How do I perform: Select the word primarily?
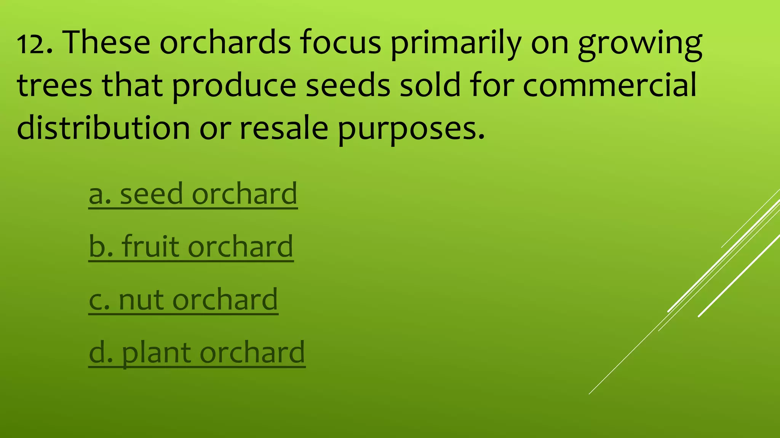(456, 44)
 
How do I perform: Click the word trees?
(54, 85)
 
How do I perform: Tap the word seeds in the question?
(348, 85)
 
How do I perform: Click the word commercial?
(609, 85)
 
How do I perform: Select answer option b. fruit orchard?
(191, 247)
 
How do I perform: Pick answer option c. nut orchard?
(183, 300)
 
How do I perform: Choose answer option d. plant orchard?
(197, 353)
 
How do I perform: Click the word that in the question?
(132, 85)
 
